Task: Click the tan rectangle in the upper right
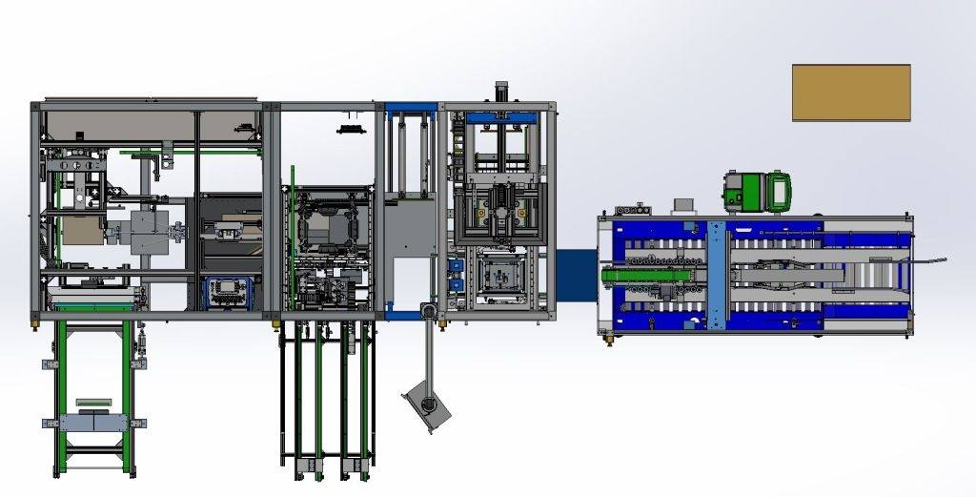pos(850,93)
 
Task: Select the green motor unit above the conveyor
pos(759,190)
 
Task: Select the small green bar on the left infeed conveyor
pos(93,402)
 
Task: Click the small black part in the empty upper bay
pos(350,127)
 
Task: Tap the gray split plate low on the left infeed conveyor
pos(94,421)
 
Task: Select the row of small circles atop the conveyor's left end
pos(628,208)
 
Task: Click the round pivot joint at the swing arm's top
pos(428,312)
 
